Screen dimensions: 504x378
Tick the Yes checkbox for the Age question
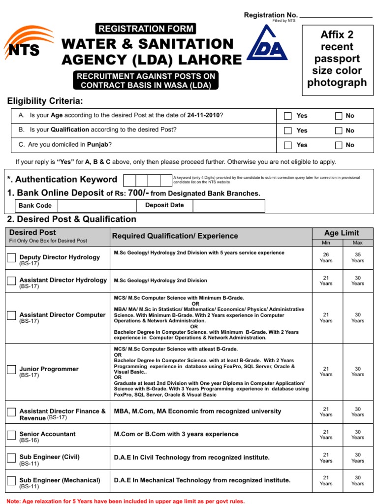(288, 116)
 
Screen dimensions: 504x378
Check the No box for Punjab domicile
(339, 145)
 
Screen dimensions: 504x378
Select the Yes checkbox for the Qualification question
(288, 130)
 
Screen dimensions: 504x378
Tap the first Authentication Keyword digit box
(129, 180)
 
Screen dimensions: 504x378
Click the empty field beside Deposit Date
(228, 206)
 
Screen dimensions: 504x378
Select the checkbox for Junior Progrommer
(11, 369)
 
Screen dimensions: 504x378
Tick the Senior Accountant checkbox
(11, 435)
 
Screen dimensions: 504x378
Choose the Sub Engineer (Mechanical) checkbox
(11, 480)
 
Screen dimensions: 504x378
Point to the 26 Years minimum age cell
(326, 257)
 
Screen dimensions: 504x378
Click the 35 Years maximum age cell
(358, 257)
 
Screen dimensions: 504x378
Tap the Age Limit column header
(342, 233)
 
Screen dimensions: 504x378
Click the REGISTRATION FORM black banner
(146, 29)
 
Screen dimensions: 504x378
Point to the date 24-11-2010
(203, 116)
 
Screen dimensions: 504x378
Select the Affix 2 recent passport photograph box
(337, 59)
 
